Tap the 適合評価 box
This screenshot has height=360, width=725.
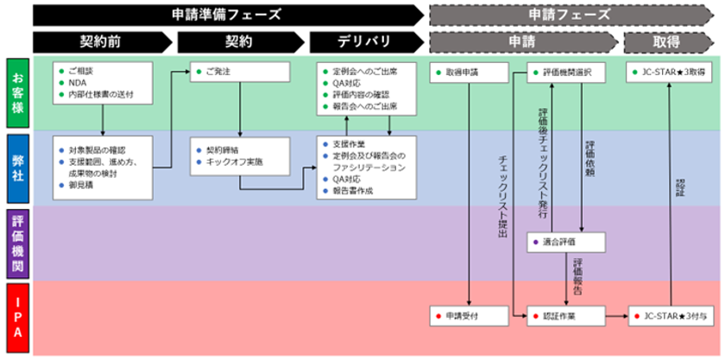pyautogui.click(x=565, y=243)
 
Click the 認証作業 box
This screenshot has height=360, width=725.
pyautogui.click(x=565, y=317)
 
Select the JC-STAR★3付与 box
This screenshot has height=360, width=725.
pyautogui.click(x=670, y=317)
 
